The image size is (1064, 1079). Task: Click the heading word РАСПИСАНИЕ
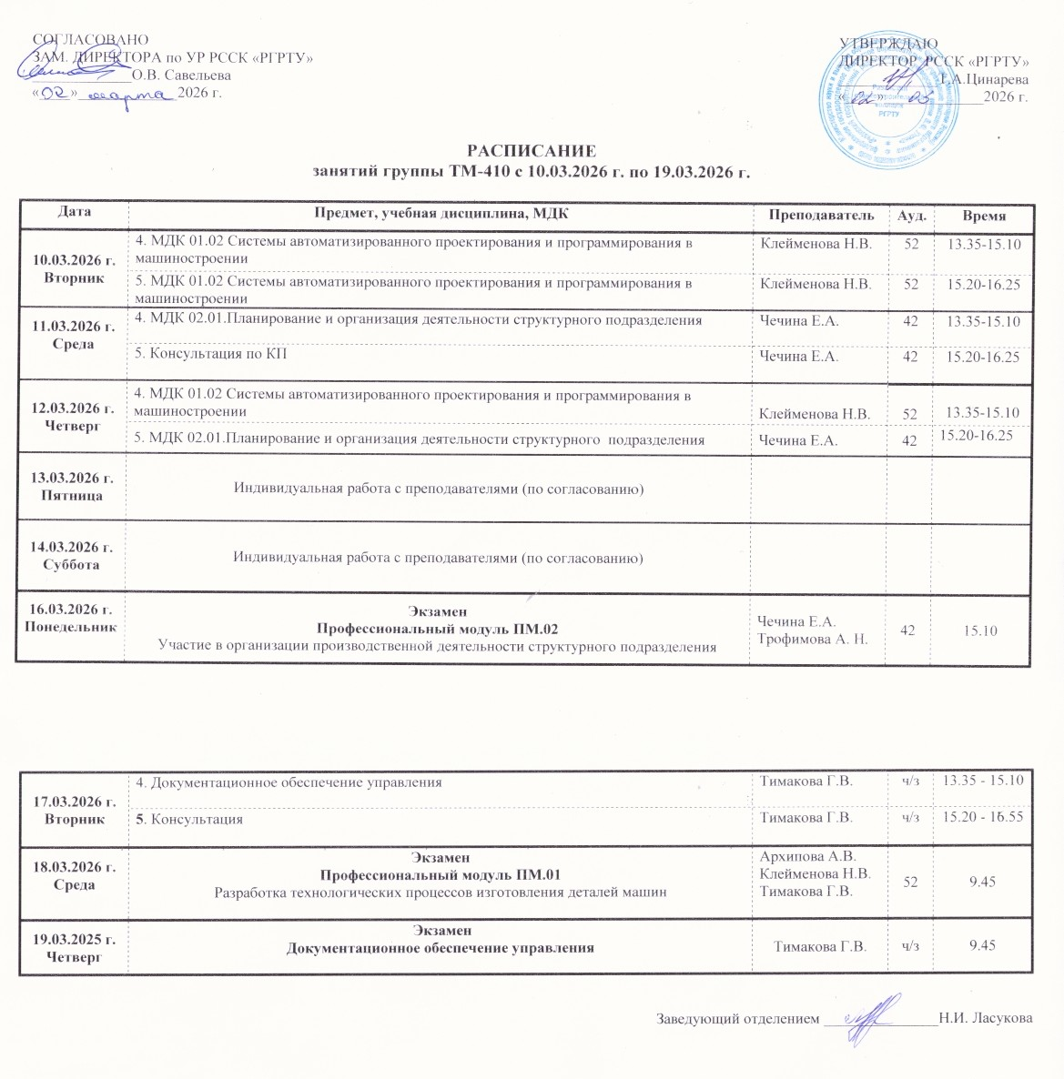[x=532, y=151]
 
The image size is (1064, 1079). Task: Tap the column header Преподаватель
[x=821, y=216]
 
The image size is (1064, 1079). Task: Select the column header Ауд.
[x=911, y=216]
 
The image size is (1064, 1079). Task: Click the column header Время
[x=984, y=217]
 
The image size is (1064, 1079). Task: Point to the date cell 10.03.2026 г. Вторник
[x=74, y=269]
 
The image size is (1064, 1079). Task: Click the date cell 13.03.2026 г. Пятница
[x=73, y=487]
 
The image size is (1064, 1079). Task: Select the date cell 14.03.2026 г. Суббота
[x=73, y=556]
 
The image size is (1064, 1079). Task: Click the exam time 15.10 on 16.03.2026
[x=983, y=630]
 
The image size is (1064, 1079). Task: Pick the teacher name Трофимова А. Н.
[x=813, y=639]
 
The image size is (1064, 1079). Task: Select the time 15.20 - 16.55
[x=983, y=817]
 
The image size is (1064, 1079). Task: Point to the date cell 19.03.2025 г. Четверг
[x=74, y=947]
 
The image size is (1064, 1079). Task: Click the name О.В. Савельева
[x=181, y=75]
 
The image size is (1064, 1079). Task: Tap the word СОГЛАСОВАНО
[x=89, y=39]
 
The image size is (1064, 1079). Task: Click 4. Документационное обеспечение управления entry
[x=289, y=782]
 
